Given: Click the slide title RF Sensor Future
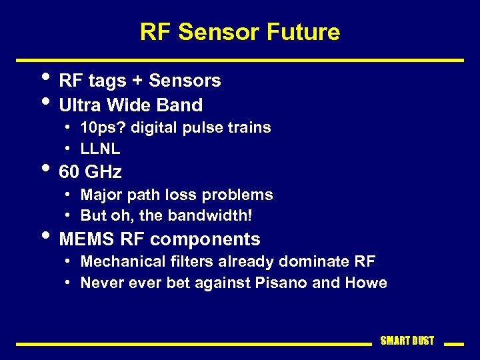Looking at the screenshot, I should coord(240,31).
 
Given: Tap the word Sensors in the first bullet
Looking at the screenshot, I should coord(185,81).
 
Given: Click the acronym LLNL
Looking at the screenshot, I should coord(100,149).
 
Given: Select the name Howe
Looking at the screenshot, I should coord(366,283).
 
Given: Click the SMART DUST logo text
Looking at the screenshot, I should coord(407,341).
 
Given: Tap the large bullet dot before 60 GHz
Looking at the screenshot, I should coord(45,167).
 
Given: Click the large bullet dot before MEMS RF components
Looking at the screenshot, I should coord(45,235).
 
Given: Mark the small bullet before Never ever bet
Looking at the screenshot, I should coord(69,283).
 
